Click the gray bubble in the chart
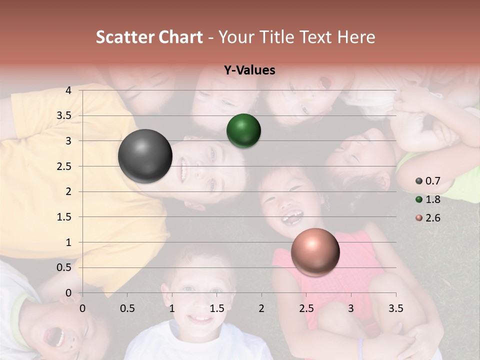coord(145,156)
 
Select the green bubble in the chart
coord(243,131)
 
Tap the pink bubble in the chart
coord(315,252)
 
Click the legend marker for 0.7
coord(418,181)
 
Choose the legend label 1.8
coord(433,199)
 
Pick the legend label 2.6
coord(433,218)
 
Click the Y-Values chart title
coord(249,70)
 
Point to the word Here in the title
coord(355,37)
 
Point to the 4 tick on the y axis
coord(68,90)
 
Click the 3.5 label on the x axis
coord(396,308)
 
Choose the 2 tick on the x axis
coord(261,308)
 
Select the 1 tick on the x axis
coord(172,308)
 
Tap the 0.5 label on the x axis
coord(127,308)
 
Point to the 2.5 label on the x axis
coord(306,308)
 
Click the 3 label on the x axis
coord(351,308)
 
